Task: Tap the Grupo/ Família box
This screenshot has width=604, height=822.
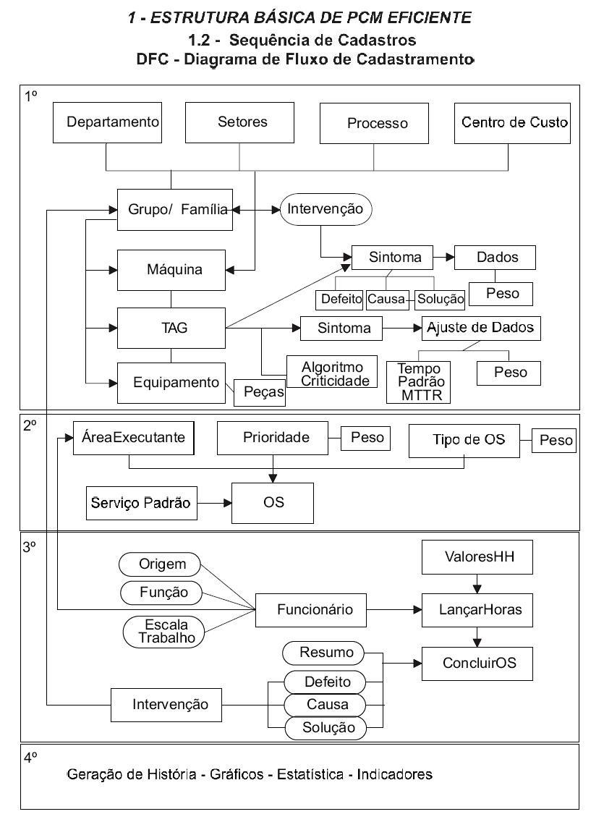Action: [x=174, y=210]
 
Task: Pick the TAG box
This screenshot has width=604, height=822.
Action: [x=171, y=328]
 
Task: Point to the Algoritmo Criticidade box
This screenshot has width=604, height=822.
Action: [x=332, y=371]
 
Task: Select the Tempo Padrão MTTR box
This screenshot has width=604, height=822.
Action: [x=419, y=381]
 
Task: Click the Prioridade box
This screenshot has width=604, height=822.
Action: [x=273, y=437]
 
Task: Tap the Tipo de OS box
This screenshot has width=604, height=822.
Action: [x=464, y=440]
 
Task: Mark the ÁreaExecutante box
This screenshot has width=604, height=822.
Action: [x=134, y=438]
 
